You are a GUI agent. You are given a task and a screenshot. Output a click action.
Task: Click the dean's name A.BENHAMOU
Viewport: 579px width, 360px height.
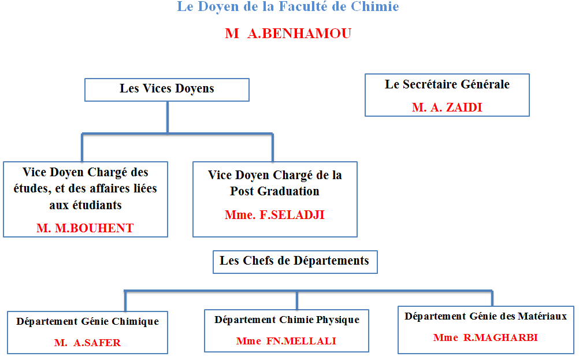click(299, 34)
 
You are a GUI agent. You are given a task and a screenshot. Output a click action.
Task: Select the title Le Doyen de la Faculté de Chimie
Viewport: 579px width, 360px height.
click(288, 7)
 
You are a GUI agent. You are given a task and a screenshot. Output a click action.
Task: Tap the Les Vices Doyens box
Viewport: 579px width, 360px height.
click(167, 90)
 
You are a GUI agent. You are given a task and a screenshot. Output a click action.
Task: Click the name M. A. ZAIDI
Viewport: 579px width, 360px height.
click(447, 107)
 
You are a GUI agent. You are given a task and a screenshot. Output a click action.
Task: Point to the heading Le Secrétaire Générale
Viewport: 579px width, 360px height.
click(447, 84)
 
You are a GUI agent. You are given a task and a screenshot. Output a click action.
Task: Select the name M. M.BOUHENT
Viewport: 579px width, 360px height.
click(85, 228)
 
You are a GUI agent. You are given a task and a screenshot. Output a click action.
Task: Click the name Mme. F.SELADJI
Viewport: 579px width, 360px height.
click(274, 215)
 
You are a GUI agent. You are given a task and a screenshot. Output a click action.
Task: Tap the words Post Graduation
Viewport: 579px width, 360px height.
click(274, 191)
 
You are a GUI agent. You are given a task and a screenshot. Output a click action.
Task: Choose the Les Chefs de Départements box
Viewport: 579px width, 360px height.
click(295, 262)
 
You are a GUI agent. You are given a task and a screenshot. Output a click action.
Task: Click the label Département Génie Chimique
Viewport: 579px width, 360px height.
click(87, 322)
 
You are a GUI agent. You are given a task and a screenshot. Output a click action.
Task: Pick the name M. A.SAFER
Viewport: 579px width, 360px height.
click(87, 343)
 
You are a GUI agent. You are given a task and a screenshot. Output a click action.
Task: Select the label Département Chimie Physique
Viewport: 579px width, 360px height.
click(287, 320)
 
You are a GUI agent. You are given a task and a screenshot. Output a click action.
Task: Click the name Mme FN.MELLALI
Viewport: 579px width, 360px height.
click(286, 341)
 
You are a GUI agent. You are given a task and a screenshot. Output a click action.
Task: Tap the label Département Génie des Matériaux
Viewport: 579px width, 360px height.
click(485, 317)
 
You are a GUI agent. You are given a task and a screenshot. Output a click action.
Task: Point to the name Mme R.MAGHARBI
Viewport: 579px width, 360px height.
click(485, 337)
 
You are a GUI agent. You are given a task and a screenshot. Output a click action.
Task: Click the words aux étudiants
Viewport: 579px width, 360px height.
click(86, 205)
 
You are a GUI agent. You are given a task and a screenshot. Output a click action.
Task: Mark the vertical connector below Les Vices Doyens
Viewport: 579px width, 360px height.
click(168, 117)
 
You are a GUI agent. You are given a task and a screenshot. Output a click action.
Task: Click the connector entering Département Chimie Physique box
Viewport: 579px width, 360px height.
click(297, 300)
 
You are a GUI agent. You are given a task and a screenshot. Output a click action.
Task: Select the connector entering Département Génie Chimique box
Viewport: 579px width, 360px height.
click(125, 301)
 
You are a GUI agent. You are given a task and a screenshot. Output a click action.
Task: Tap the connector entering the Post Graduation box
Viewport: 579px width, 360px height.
click(273, 148)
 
